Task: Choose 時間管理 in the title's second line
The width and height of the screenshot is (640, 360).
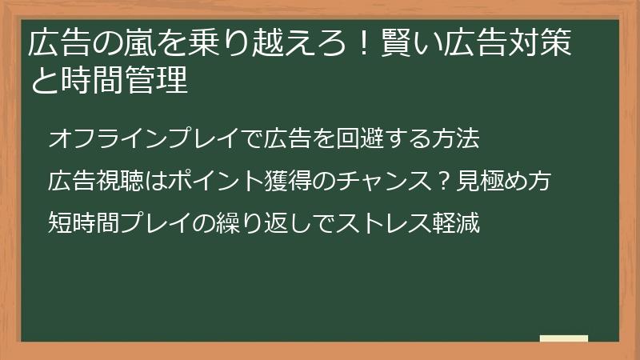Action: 124,81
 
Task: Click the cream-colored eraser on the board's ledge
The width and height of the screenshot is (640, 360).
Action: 564,338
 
